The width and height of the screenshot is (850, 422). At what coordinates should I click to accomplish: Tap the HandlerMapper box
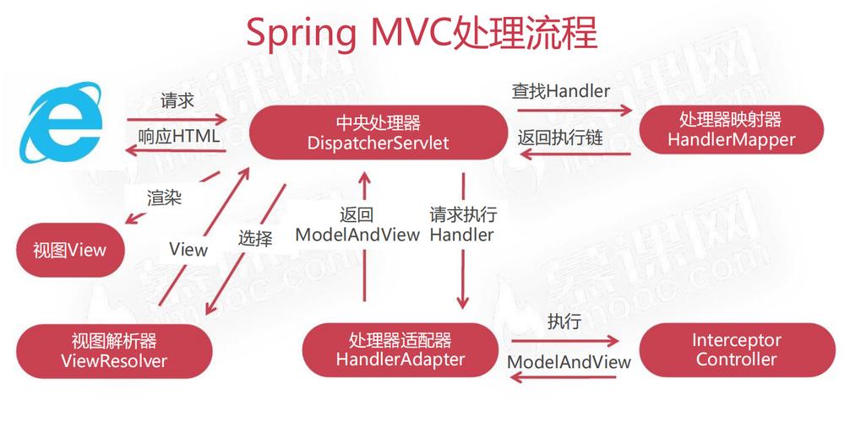coord(731,130)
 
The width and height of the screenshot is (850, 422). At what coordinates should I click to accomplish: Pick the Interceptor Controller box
coord(736,349)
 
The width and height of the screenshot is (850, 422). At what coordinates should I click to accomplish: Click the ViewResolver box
coord(114,352)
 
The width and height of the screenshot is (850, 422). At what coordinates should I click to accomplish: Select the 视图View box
coord(70,251)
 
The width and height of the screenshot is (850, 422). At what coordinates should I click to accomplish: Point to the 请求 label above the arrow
coord(177,101)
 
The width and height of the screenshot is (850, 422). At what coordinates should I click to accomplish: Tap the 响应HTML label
coord(178,135)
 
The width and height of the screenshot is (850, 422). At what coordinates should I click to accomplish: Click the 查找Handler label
coord(560,90)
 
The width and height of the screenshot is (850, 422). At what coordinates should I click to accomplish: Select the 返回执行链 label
coord(560,137)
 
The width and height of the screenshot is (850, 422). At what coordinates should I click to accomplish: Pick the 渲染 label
coord(164,198)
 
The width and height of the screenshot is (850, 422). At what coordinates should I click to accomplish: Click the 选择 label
coord(255,239)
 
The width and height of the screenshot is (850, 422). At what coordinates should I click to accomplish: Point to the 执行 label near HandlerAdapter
coord(564,322)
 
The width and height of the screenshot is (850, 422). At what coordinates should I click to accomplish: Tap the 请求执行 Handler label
coord(462,224)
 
